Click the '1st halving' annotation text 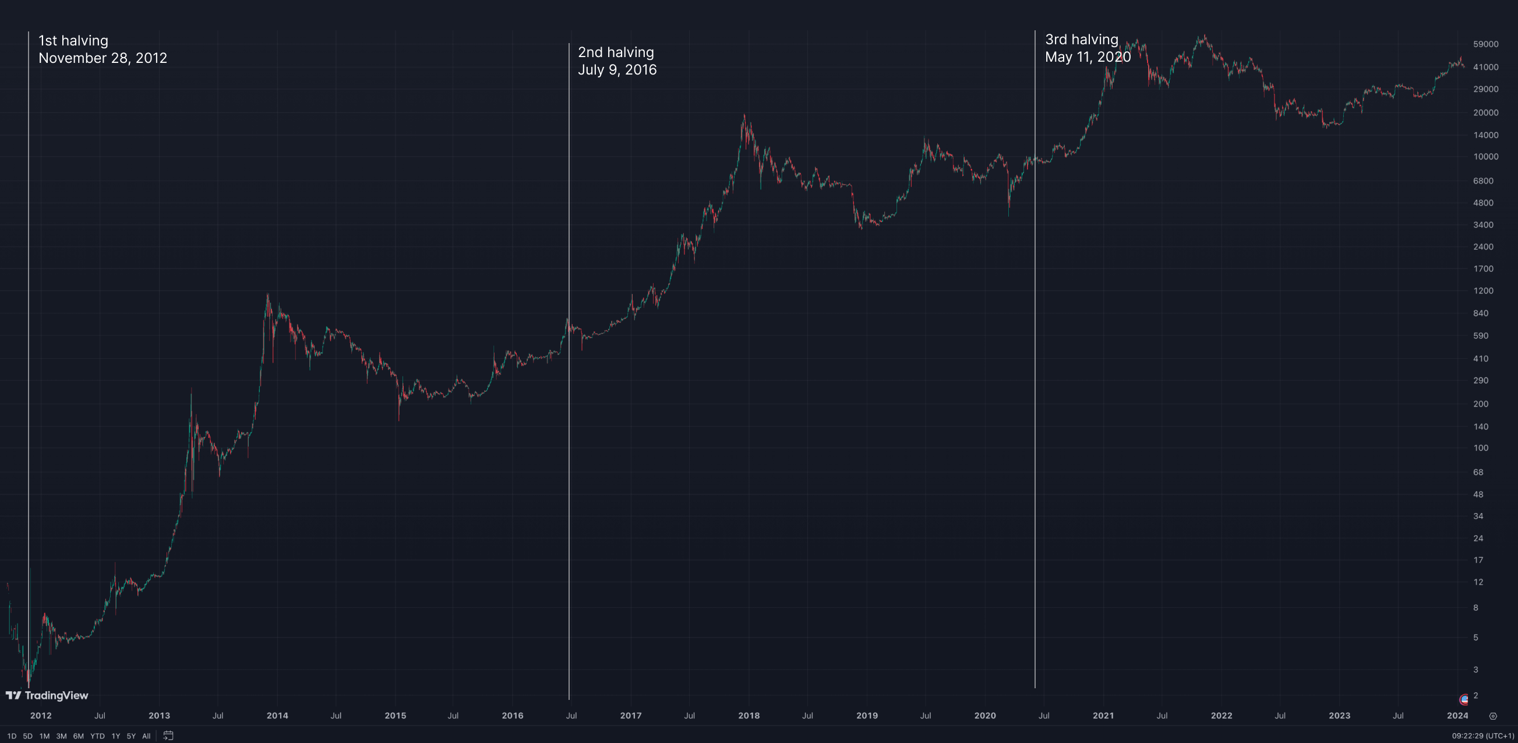pos(73,41)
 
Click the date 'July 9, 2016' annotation pos(617,70)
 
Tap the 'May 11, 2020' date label pos(1087,57)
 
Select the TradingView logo pos(47,695)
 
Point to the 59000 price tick pos(1485,44)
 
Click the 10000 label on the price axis pos(1485,157)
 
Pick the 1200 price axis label pos(1482,291)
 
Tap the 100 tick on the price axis pos(1480,448)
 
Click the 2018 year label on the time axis pos(749,715)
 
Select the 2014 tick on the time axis pos(277,715)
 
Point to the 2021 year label pos(1103,715)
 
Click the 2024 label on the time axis pos(1457,715)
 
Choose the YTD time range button pos(97,736)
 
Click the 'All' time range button pos(146,736)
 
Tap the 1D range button pos(12,736)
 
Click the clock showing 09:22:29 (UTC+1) pos(1482,736)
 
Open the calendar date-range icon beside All pos(168,735)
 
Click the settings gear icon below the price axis pos(1492,716)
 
